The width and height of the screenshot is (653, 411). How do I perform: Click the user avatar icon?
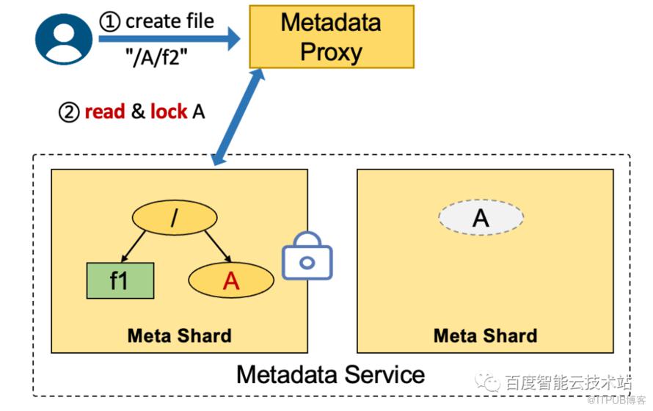(x=64, y=37)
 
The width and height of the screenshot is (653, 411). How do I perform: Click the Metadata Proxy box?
(x=331, y=37)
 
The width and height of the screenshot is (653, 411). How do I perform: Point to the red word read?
(x=105, y=112)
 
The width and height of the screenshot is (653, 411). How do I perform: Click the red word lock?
(x=168, y=112)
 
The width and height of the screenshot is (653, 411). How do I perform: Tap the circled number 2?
(x=68, y=112)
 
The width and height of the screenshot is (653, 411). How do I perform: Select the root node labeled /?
(x=175, y=217)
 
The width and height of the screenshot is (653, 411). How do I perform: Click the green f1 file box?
(x=119, y=280)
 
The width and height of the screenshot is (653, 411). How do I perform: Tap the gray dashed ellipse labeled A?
(x=481, y=217)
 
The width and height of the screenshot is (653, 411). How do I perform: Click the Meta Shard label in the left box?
(x=179, y=335)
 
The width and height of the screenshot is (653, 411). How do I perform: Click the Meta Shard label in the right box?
(x=485, y=335)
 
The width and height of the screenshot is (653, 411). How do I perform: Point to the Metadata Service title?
(x=330, y=374)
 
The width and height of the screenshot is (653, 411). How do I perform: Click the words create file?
(x=169, y=21)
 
